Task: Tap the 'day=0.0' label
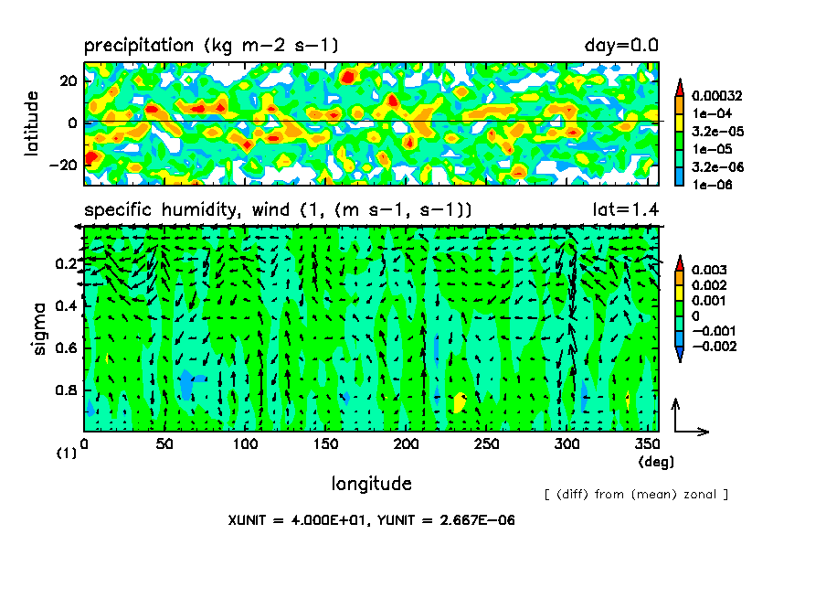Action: tap(621, 45)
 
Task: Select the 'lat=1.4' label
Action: tap(626, 210)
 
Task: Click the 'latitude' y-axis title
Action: tap(33, 123)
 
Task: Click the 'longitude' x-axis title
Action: tap(371, 483)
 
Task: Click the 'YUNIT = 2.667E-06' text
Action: tap(444, 520)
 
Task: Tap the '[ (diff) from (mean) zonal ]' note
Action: tap(636, 495)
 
